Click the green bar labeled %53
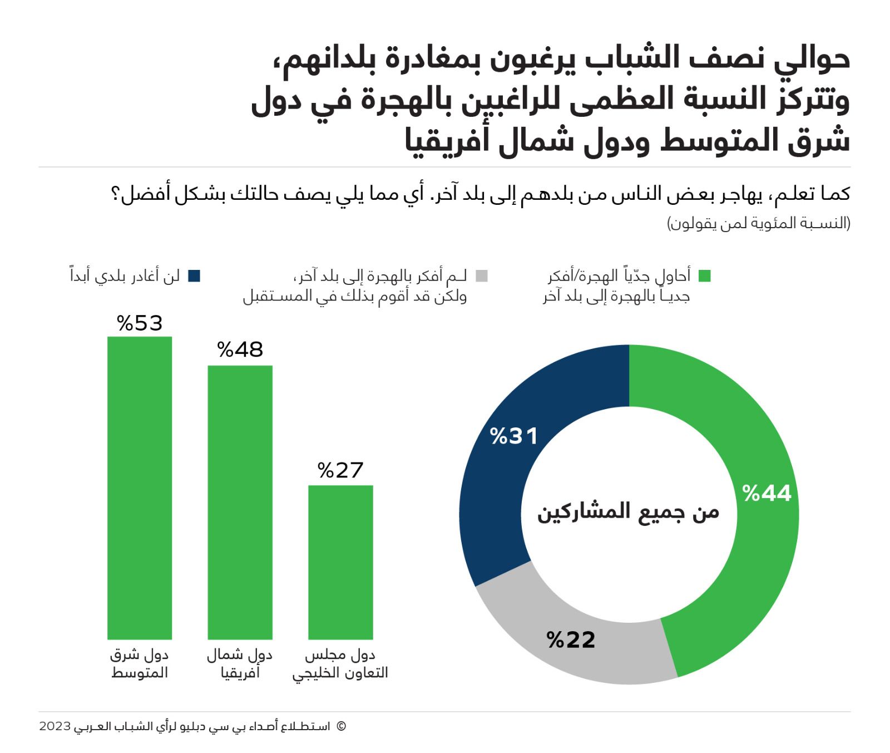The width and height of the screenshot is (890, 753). (140, 488)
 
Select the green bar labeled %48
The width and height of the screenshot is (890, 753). (240, 502)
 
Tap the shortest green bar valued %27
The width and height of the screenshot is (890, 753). (340, 562)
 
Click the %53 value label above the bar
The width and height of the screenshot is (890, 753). (140, 323)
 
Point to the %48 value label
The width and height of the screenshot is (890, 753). (240, 350)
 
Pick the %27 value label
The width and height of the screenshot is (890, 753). (340, 470)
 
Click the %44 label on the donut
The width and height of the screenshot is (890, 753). (767, 493)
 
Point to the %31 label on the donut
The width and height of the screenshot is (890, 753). (515, 436)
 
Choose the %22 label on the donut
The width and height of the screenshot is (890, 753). (571, 640)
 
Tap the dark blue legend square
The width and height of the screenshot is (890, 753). (194, 276)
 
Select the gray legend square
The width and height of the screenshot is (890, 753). (482, 276)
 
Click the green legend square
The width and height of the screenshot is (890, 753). (705, 276)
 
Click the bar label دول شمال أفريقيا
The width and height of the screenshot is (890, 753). (240, 664)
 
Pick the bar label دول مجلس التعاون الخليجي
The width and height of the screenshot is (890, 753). (340, 664)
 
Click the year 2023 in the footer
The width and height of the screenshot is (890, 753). (55, 727)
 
